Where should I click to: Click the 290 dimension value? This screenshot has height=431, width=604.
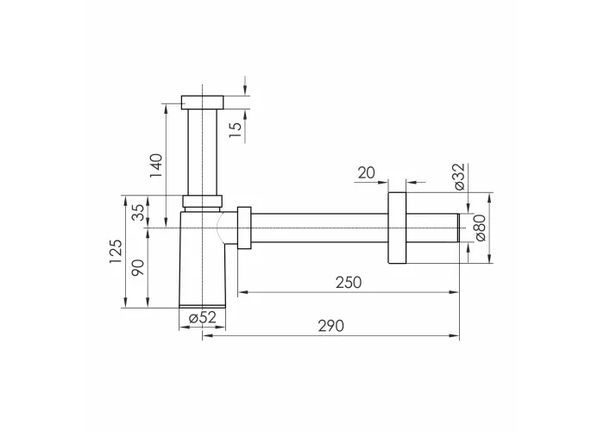click(x=331, y=326)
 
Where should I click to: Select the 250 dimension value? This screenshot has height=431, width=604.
click(x=349, y=283)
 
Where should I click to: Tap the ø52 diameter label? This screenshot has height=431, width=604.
click(x=203, y=317)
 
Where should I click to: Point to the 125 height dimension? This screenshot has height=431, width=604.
click(x=116, y=252)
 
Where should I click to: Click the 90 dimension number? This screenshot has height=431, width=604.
click(x=138, y=267)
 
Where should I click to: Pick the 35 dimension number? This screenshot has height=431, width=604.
click(x=138, y=212)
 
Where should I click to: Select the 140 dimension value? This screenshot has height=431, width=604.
click(x=156, y=166)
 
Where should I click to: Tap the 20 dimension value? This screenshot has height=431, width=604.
click(x=367, y=172)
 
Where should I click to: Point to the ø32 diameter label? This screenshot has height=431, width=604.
click(x=460, y=177)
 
